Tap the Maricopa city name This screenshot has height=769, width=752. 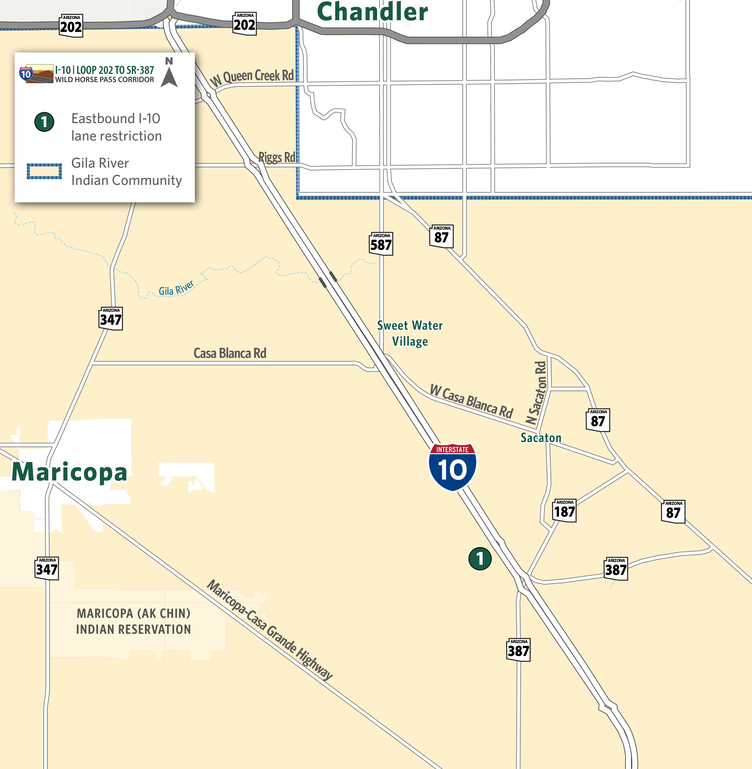(x=70, y=472)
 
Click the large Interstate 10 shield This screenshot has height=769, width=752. (x=452, y=467)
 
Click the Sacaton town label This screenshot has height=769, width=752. (x=541, y=438)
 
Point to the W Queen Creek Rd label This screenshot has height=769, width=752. (x=252, y=77)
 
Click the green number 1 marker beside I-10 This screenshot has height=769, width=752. (x=480, y=559)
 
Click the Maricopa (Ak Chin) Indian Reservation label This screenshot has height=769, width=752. (x=133, y=621)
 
